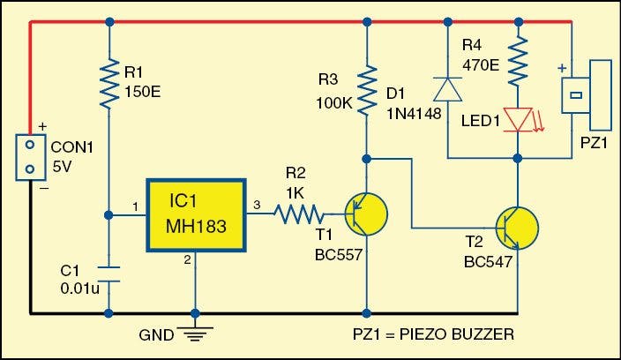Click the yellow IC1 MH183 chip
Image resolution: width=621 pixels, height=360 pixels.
click(x=195, y=215)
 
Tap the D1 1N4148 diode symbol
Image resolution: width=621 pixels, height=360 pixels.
click(x=446, y=89)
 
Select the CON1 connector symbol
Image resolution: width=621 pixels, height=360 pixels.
click(x=30, y=156)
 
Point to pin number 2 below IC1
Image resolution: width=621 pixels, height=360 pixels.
click(x=186, y=259)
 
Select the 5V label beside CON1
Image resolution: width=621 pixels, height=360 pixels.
click(x=64, y=167)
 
